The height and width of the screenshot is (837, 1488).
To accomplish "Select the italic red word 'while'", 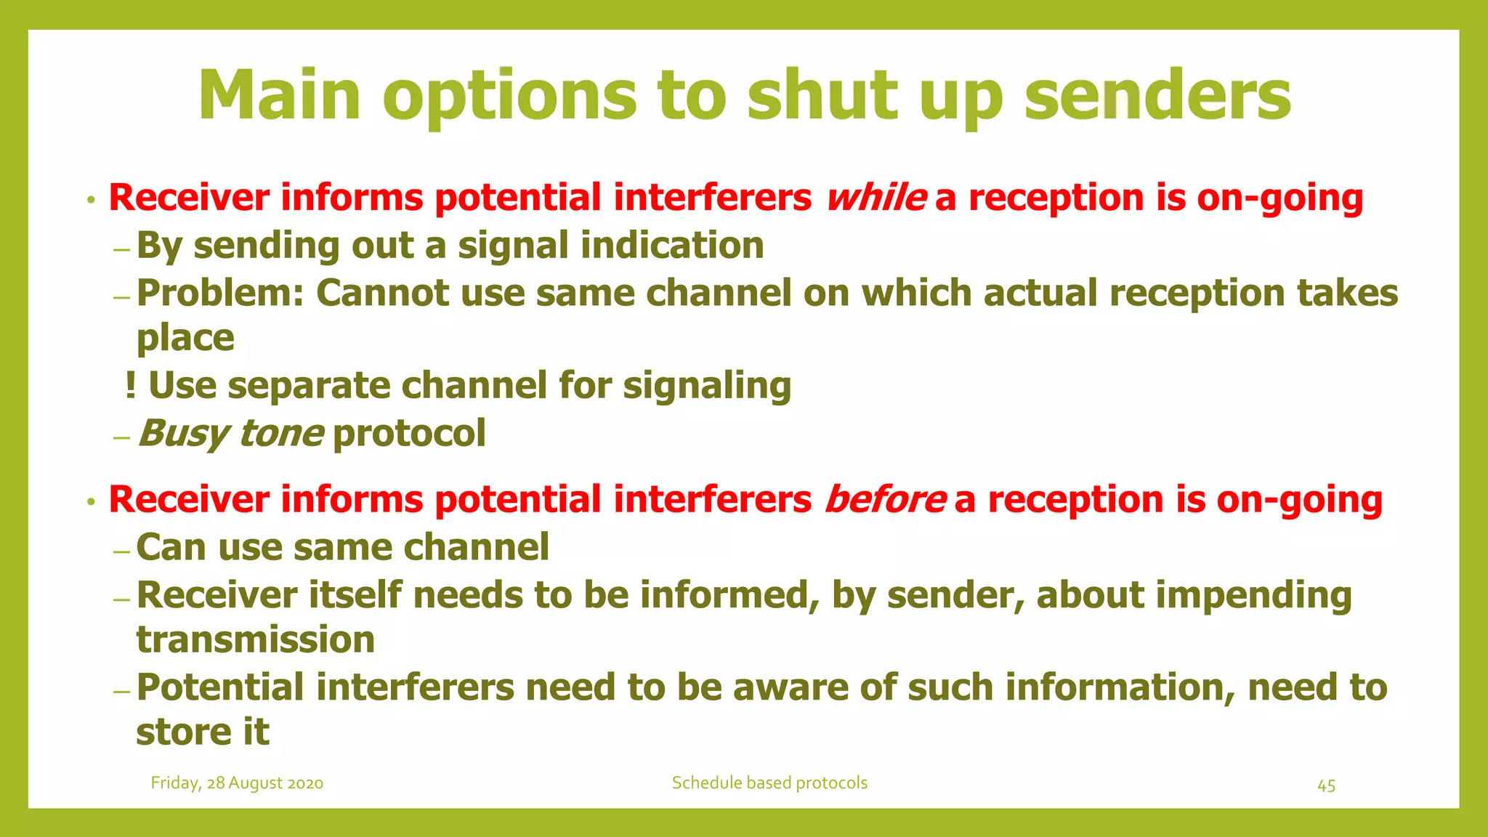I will coord(876,198).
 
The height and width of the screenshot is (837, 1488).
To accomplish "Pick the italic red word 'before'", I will coord(885,500).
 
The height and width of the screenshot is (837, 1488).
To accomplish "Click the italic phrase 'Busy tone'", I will coord(230,434).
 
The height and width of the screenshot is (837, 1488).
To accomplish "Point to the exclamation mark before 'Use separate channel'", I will coord(130,385).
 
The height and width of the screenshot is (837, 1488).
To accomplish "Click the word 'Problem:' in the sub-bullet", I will coord(220,294).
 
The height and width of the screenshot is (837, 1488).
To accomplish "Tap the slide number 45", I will coord(1326,785).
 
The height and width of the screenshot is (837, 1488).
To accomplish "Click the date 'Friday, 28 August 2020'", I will coord(237,783).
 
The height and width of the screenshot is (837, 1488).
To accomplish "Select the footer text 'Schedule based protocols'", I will coord(769,783).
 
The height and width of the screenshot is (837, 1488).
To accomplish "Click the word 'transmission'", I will coord(256,640).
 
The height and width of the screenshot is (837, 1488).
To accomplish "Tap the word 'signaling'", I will coord(707,385).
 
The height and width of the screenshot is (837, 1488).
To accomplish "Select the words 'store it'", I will coord(203,732).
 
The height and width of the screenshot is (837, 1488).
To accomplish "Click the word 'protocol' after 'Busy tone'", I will coord(409,434).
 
